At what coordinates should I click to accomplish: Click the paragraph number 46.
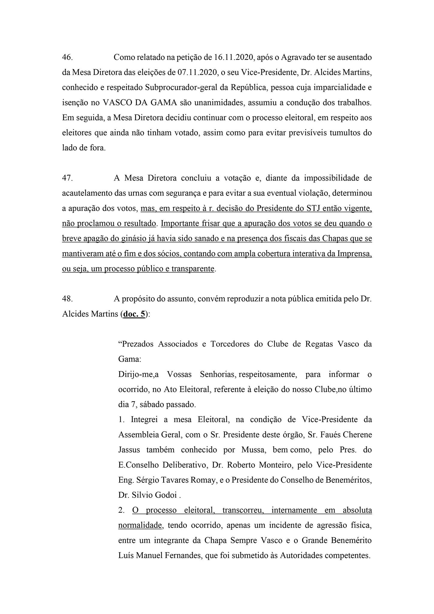67,57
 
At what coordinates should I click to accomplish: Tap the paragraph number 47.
67,178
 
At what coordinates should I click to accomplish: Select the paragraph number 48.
67,299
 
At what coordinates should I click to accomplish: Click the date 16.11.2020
234,57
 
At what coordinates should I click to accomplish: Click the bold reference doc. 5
134,314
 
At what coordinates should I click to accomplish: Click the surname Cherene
357,435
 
